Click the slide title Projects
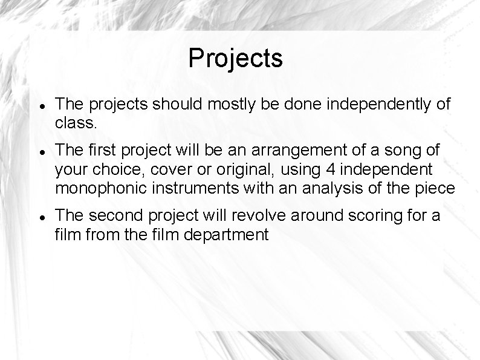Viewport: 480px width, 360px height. [235, 59]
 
